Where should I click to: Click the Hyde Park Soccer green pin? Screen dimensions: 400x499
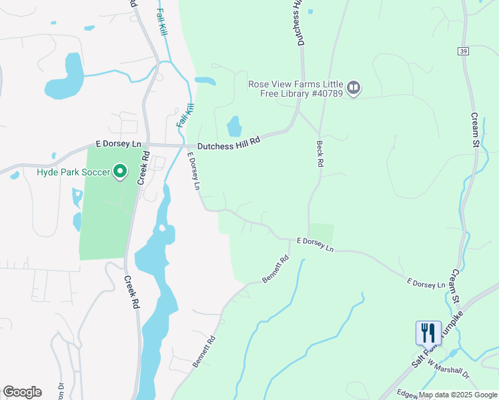coord(120,172)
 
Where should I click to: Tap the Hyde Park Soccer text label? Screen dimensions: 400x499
coord(73,173)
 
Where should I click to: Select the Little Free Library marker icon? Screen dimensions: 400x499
coord(354,88)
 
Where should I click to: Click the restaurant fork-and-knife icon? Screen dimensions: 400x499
coord(428,333)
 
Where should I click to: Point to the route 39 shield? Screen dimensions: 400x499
coord(463,51)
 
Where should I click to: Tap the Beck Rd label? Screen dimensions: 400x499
coord(320,153)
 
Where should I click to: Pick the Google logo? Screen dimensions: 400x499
coord(22,392)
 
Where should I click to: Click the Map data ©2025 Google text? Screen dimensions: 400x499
coord(458,395)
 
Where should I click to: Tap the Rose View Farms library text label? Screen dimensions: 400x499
coord(295,89)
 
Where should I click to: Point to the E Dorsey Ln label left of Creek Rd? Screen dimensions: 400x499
coord(119,144)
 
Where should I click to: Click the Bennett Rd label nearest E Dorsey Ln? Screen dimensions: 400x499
coord(276,269)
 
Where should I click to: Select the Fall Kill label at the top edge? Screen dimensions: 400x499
coord(162,23)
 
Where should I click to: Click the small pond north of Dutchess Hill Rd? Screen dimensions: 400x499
coord(233,126)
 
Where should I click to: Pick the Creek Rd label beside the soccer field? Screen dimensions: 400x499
coord(143,167)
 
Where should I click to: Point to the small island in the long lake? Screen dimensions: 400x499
coord(161,229)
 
